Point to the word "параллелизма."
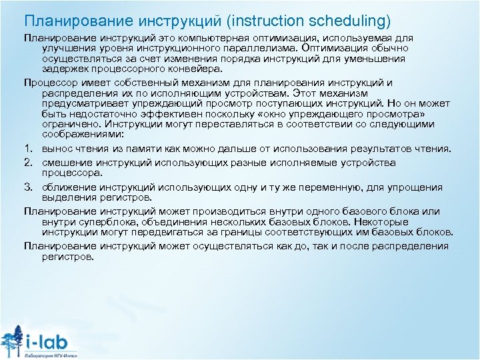(x=263, y=49)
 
